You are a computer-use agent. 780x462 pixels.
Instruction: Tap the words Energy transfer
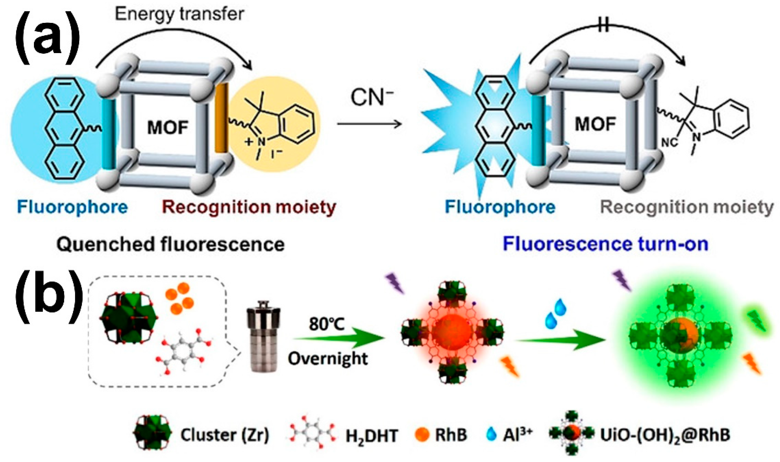179,14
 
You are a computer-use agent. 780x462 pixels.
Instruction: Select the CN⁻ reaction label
372,97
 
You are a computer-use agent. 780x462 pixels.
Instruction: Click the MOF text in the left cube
168,128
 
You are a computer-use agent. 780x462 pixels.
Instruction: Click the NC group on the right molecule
669,143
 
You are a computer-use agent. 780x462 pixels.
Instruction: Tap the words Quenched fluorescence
170,244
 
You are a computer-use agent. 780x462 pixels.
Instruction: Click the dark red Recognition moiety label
249,207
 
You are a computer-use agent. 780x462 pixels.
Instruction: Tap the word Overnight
327,359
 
